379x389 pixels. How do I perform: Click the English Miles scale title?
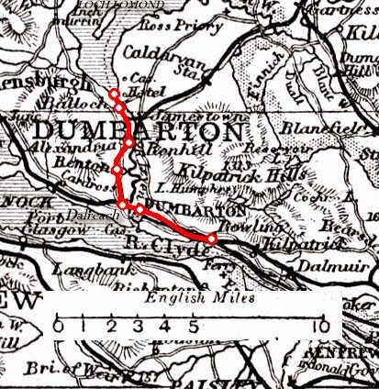[x=189, y=301]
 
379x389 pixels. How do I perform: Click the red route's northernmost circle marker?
[x=114, y=94]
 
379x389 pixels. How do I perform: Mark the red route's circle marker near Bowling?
[x=212, y=239]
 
